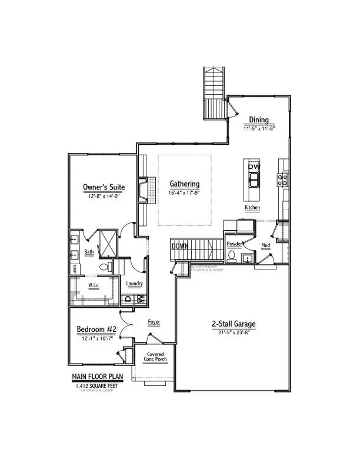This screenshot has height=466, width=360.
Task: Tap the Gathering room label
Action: click(x=185, y=184)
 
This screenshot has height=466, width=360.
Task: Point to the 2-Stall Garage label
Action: click(x=234, y=324)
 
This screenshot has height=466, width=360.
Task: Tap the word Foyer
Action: click(x=154, y=322)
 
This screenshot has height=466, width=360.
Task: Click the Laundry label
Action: click(x=135, y=284)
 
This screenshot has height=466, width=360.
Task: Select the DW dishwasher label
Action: click(x=254, y=167)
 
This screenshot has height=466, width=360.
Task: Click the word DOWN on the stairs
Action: click(x=180, y=246)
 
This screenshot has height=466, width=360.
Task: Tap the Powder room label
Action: click(x=235, y=243)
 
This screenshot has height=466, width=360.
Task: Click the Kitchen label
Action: click(x=252, y=208)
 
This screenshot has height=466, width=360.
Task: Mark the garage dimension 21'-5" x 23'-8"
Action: click(x=234, y=334)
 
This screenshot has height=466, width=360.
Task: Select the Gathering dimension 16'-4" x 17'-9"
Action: click(x=185, y=192)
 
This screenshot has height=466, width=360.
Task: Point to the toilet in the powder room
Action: click(x=233, y=257)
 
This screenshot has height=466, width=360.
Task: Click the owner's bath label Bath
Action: click(x=89, y=252)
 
